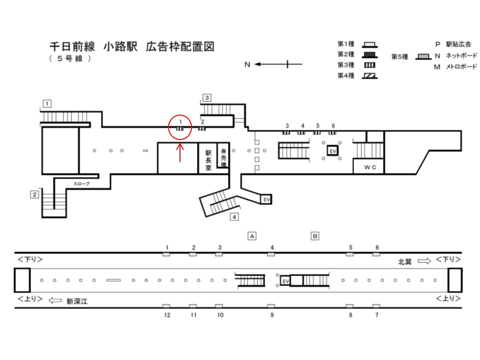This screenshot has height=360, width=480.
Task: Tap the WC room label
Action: pyautogui.click(x=370, y=167)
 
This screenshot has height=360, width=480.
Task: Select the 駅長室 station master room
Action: pyautogui.click(x=208, y=160)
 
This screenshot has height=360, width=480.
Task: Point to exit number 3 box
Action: pyautogui.click(x=207, y=98)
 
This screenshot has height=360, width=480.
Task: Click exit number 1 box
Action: pyautogui.click(x=47, y=104)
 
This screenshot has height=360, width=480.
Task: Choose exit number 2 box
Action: pyautogui.click(x=34, y=194)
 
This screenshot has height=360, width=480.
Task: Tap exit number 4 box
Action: pyautogui.click(x=234, y=217)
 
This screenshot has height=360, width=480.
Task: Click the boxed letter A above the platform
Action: pyautogui.click(x=252, y=236)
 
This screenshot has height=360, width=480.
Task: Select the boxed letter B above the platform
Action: pyautogui.click(x=314, y=236)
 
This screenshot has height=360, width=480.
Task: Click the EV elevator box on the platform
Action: pyautogui.click(x=285, y=281)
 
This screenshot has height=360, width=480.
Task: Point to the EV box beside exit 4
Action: pyautogui.click(x=266, y=199)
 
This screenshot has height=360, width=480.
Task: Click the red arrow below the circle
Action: pyautogui.click(x=180, y=152)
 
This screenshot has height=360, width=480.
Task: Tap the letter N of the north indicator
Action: pyautogui.click(x=247, y=64)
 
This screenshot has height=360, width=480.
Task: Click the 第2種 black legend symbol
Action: pyautogui.click(x=370, y=55)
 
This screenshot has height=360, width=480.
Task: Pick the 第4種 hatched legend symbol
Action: pyautogui.click(x=370, y=76)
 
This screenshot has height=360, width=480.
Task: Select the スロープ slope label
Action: pyautogui.click(x=81, y=183)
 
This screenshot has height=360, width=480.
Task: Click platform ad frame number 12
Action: pyautogui.click(x=167, y=315)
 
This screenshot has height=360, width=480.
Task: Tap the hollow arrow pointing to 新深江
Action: pyautogui.click(x=55, y=300)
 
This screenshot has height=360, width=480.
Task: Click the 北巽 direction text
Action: pyautogui.click(x=404, y=261)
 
